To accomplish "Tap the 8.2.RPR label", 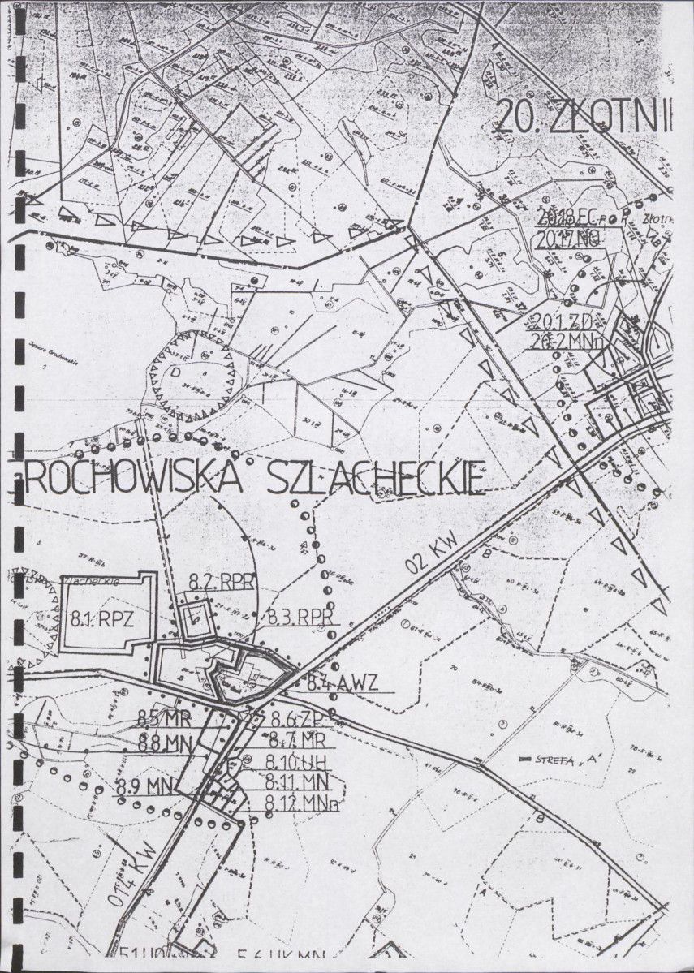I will point(222,582).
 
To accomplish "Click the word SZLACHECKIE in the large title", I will point(376,479).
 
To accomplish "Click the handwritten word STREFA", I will point(554,760).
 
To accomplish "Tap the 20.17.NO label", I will point(568,239).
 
